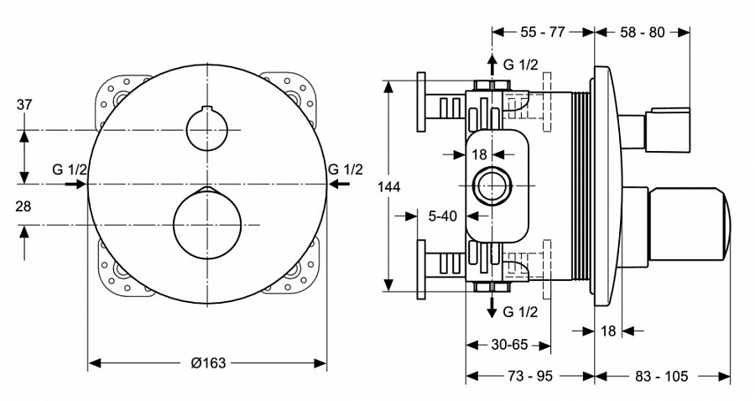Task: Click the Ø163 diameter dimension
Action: point(208,362)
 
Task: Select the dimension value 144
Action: point(389,186)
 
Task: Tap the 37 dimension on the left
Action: point(24,105)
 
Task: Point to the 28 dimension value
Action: point(24,206)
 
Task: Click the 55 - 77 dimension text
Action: point(543,32)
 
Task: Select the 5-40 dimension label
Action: point(442,216)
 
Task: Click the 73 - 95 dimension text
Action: point(530,377)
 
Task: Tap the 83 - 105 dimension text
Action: point(662,377)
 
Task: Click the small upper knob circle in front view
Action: point(206,130)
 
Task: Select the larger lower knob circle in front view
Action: point(206,224)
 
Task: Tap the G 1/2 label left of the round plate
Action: point(69,169)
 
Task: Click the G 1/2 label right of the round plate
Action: point(346,169)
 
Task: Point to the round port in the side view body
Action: point(491,185)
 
